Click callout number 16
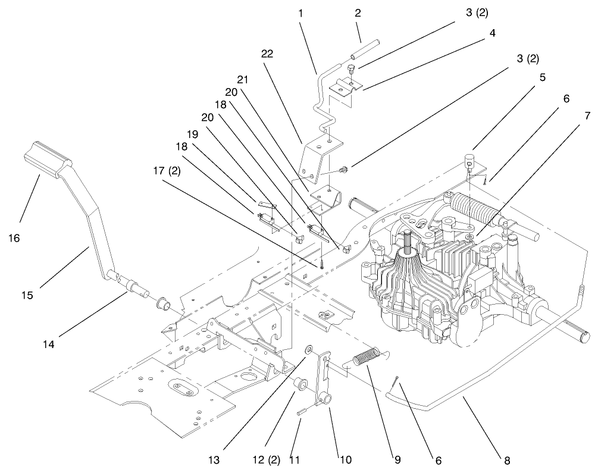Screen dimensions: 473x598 pos(14,238)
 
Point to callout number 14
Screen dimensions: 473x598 pos(48,343)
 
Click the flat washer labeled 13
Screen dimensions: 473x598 pos(309,348)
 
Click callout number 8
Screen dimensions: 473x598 pos(506,460)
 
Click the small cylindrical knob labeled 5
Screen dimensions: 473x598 pos(469,160)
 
